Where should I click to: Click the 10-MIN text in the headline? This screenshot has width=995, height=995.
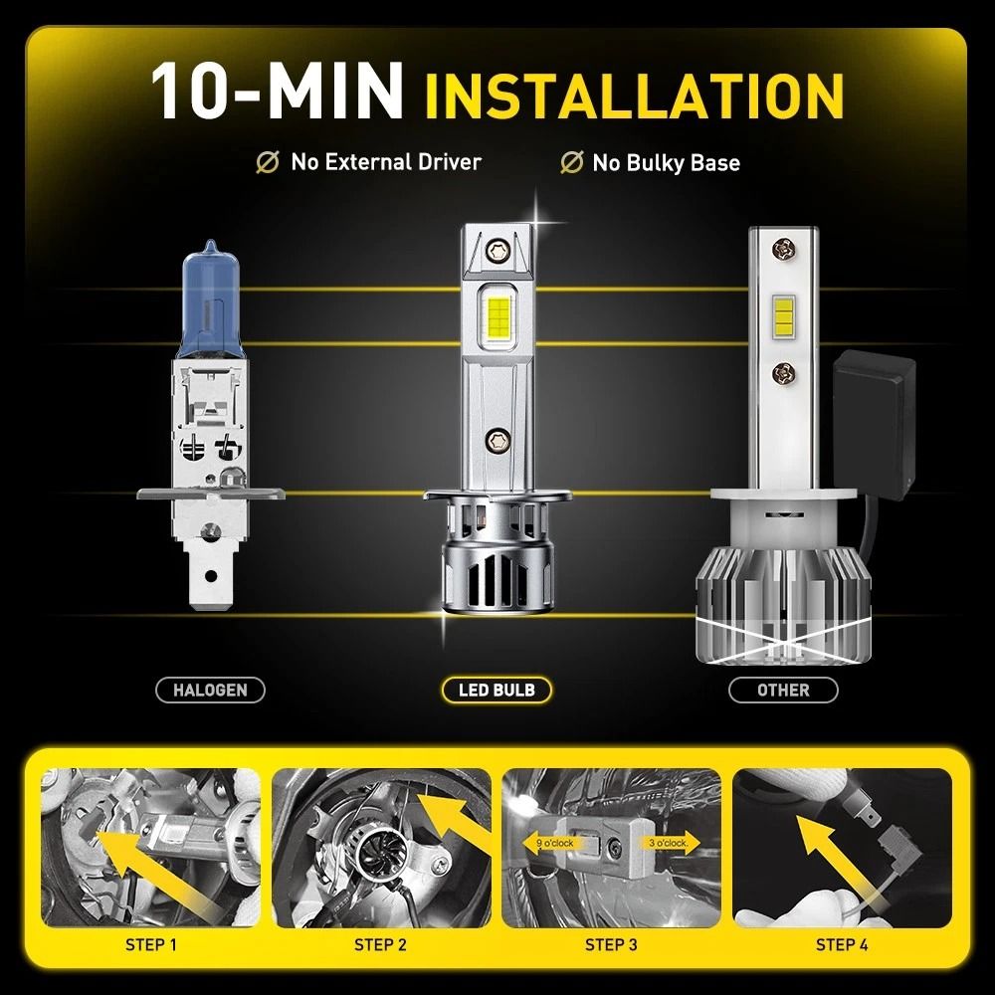(x=277, y=93)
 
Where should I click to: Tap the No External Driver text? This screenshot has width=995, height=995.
(x=384, y=161)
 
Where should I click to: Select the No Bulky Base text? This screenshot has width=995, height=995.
(x=666, y=162)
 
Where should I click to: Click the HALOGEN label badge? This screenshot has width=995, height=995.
(x=210, y=690)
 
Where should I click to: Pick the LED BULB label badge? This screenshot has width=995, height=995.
(x=496, y=690)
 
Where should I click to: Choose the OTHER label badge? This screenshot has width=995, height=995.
(x=783, y=690)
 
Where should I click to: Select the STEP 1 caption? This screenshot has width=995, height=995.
(x=151, y=944)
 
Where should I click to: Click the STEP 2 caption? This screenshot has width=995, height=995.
(x=380, y=944)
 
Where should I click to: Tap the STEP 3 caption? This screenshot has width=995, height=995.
(x=611, y=944)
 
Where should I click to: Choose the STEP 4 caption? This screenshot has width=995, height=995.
(x=842, y=944)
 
